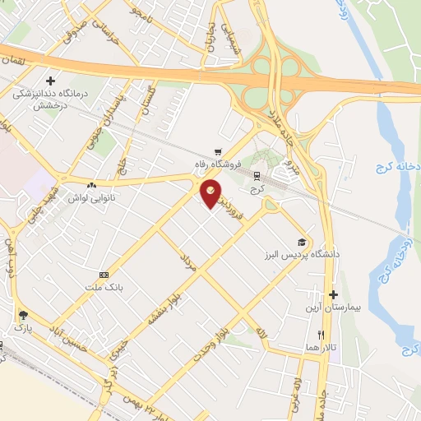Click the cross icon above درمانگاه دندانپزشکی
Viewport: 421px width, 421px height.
click(52, 81)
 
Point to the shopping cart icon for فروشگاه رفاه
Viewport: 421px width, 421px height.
click(217, 151)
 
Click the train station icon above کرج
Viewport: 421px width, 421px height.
click(257, 176)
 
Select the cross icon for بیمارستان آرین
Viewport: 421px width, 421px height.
click(333, 294)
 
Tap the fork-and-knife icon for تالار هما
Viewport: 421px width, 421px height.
click(322, 335)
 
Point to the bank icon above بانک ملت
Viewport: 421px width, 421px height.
click(104, 275)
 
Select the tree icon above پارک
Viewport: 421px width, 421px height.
click(22, 314)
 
